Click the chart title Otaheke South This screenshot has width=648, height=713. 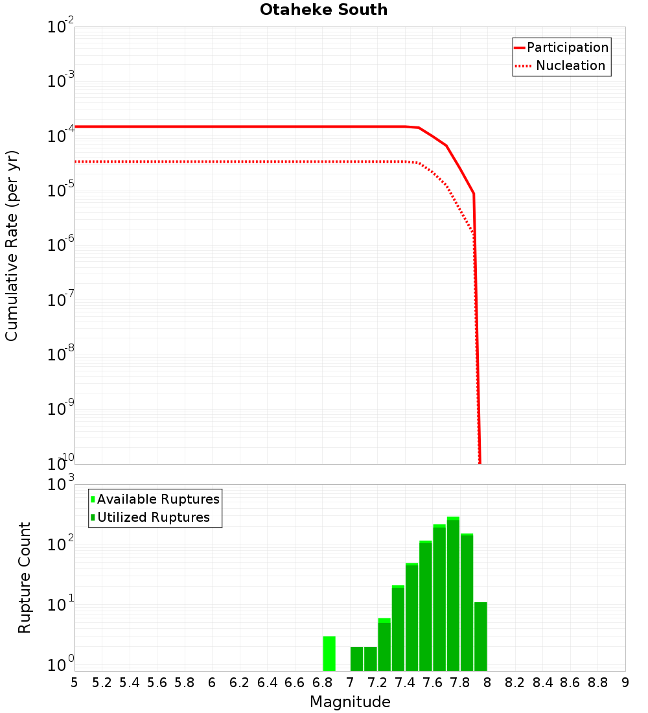pos(323,10)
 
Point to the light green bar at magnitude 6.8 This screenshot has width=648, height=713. pos(329,653)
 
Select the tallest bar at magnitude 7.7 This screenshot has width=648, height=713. pos(453,594)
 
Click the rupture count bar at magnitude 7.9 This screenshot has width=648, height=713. pos(480,637)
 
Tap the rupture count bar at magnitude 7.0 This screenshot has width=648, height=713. pos(356,659)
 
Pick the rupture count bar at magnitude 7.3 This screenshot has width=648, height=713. pos(384,645)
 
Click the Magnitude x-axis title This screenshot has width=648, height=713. pos(350,702)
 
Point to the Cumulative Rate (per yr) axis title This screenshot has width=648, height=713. pos(12,246)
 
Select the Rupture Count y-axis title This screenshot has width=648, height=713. pos(25,578)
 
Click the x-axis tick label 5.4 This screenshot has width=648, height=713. pos(130,683)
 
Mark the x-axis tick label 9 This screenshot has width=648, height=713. pos(625,683)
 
